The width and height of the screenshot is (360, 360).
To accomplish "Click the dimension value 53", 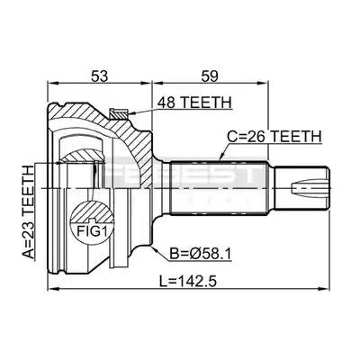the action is click(99, 76).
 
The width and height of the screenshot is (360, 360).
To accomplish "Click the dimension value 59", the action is click(209, 76).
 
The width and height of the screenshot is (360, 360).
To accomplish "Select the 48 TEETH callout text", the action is click(194, 103).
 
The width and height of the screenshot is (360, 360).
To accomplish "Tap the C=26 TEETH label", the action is click(274, 137).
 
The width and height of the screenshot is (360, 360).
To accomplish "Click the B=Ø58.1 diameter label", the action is click(201, 255).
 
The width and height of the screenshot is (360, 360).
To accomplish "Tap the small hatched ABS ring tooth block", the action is click(119, 113).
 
